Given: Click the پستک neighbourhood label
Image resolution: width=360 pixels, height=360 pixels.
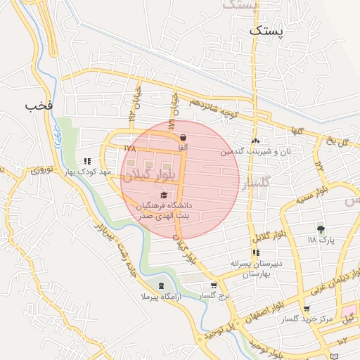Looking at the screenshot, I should pyautogui.click(x=268, y=31).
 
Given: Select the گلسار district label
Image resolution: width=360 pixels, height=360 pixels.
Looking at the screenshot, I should pyautogui.click(x=256, y=184).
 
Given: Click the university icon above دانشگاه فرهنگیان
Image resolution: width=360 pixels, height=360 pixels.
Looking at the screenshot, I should pyautogui.click(x=165, y=195).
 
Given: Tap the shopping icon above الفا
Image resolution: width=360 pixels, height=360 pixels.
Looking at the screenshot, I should pyautogui.click(x=184, y=136).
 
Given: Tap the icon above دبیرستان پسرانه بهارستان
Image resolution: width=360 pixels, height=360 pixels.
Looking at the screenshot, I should pyautogui.click(x=256, y=252).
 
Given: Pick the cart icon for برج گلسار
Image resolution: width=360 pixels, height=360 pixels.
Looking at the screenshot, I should pyautogui.click(x=214, y=285).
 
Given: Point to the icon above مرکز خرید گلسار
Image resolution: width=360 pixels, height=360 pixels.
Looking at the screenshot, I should pyautogui.click(x=307, y=309).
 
